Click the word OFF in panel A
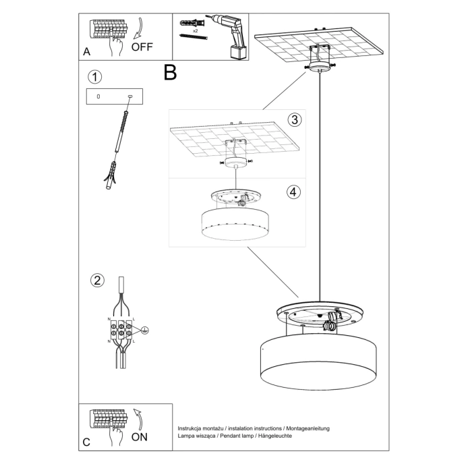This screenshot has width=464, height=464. (x=143, y=47)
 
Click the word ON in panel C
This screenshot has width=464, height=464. (x=139, y=436)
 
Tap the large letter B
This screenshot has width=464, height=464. (x=170, y=72)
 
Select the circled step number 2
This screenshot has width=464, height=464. (x=96, y=280)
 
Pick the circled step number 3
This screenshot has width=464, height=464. (x=293, y=120)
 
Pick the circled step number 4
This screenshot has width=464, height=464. (x=293, y=192)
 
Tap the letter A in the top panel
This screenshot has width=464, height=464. (x=86, y=51)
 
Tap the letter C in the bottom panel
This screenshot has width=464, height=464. (x=86, y=442)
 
